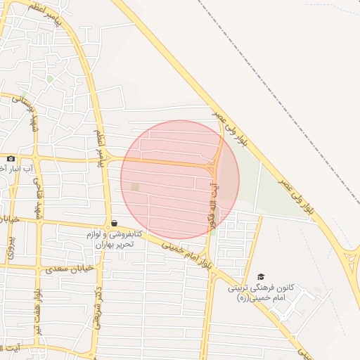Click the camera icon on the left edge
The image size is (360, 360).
click(11, 159)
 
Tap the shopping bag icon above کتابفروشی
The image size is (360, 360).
click(114, 223)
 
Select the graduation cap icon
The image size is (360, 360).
click(262, 277)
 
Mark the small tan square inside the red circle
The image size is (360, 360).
click(135, 186)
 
